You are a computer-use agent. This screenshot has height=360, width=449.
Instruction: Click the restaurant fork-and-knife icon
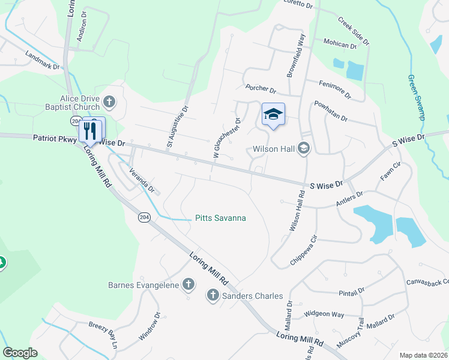91,130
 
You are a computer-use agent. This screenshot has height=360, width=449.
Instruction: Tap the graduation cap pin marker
273,114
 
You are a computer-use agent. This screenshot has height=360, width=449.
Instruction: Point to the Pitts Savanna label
220,218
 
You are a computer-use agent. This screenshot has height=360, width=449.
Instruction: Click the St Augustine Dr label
177,127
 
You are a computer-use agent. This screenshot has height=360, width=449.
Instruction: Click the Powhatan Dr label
331,111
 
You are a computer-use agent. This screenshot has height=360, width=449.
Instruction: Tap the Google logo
20,352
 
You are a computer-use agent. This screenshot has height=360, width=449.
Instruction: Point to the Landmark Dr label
43,60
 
